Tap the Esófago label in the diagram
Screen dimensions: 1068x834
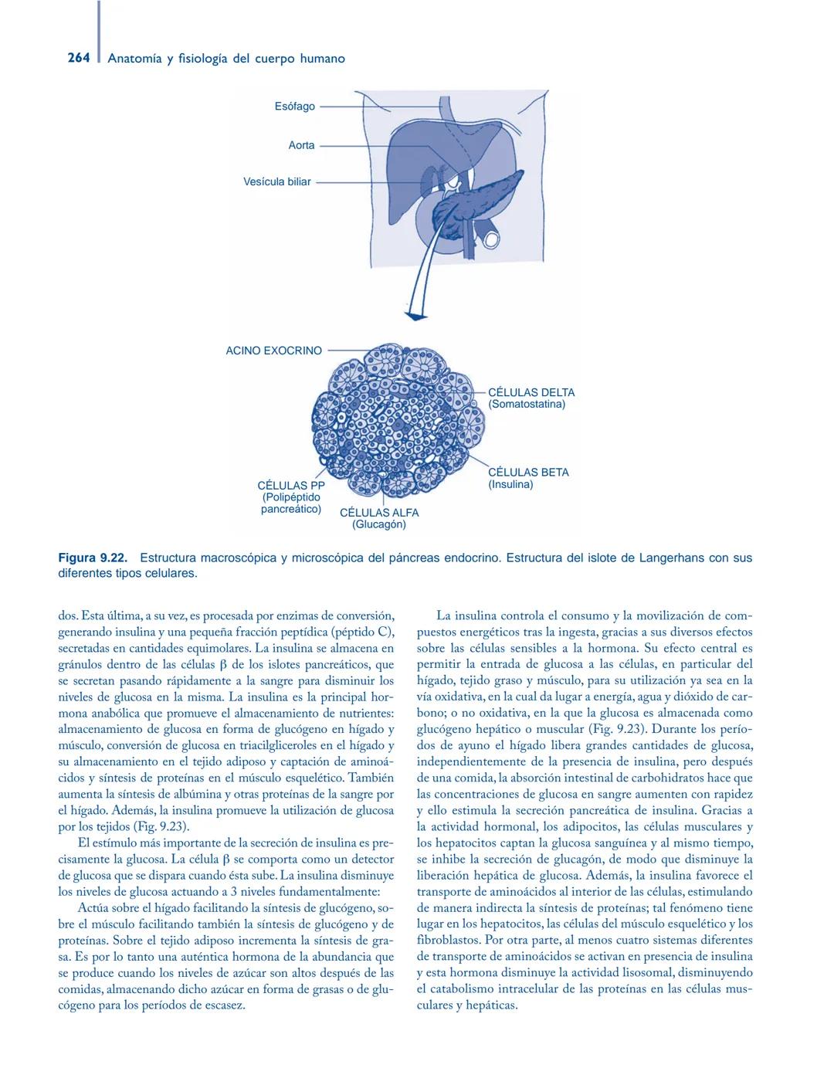coord(294,107)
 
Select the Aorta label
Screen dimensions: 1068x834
coord(301,145)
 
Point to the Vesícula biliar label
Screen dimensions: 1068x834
coord(277,182)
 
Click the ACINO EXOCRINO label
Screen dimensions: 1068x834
coord(273,351)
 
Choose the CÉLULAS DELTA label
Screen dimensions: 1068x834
coord(531,392)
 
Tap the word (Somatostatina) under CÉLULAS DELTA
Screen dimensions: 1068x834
coord(527,404)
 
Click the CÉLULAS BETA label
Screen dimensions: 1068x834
coord(528,473)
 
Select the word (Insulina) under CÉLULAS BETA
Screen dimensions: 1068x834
coord(510,484)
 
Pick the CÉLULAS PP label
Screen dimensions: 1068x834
coord(291,486)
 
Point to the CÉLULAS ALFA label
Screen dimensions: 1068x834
coord(379,513)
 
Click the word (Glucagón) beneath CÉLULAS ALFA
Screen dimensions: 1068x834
coord(379,525)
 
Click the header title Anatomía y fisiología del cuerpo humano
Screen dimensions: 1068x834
coord(226,59)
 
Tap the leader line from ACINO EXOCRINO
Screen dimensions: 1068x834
coord(347,351)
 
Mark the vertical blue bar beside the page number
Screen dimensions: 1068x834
coord(98,35)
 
